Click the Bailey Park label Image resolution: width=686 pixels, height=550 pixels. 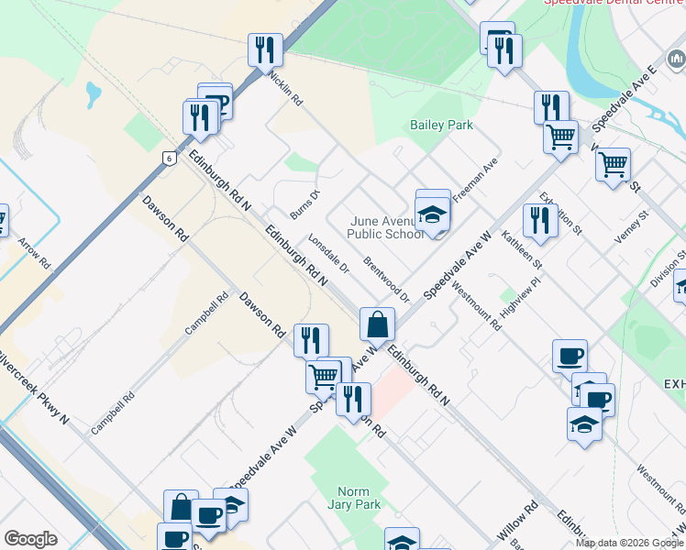(441, 125)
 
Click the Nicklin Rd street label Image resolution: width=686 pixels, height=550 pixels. (285, 88)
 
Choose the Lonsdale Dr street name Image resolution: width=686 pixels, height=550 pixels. (329, 253)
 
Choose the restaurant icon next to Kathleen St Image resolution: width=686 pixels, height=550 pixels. (540, 220)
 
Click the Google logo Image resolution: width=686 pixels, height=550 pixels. (30, 539)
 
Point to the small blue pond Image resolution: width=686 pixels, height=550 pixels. (93, 93)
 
